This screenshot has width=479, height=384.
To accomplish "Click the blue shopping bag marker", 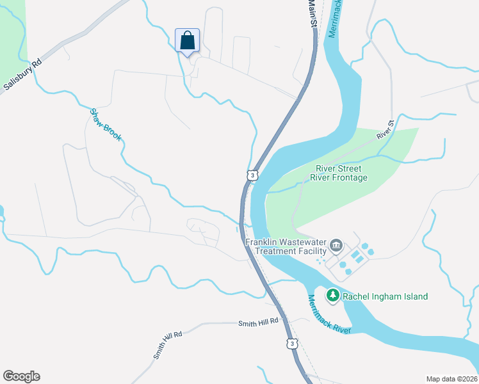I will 187,41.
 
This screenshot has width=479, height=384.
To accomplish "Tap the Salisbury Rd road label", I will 22,74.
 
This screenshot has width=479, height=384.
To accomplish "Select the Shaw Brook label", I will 105,124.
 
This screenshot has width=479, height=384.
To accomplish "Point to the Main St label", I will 313,14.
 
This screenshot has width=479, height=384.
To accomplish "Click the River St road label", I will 384,129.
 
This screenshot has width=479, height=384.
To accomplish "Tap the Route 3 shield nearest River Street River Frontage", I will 253,175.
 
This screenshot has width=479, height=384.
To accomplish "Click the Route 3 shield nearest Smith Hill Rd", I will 292,344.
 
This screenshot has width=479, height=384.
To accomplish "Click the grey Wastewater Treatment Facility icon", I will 336,246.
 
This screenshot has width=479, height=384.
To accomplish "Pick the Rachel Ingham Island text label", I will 385,296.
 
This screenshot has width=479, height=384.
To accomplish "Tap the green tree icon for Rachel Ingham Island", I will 332,296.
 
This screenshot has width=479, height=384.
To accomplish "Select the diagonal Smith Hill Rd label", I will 168,344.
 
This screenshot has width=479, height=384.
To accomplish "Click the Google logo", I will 21,376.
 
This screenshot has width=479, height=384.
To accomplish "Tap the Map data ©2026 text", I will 451,378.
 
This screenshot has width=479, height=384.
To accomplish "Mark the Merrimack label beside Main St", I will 332,19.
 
